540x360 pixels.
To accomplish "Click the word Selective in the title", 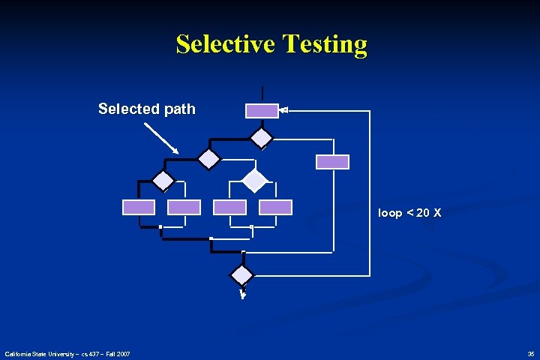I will point(226,44).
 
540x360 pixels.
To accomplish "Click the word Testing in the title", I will point(326,44).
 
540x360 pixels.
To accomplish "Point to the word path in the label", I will point(179,109).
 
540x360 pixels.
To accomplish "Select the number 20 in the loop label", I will point(422,213).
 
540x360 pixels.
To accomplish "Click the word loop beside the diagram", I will point(390,213).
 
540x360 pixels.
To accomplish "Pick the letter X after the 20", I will point(436,213).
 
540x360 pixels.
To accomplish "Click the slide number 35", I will point(531,353).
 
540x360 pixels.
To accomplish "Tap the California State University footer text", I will point(67,353).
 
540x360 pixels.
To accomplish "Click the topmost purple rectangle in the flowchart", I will point(262,111).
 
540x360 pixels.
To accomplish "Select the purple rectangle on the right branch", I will point(332,161).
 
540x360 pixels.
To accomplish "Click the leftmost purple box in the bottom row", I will point(139,207).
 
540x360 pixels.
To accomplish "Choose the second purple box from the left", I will point(184,207).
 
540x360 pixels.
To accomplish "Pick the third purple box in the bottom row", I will point(229,207).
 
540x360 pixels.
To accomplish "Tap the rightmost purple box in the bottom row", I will point(275,207).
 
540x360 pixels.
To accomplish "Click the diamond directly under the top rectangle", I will point(262,137).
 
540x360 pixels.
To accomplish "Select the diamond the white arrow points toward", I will point(208,159).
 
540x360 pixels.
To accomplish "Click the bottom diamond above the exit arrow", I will point(242,274).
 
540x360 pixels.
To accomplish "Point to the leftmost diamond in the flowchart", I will point(163,181).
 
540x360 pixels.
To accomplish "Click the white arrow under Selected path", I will point(161,138).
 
